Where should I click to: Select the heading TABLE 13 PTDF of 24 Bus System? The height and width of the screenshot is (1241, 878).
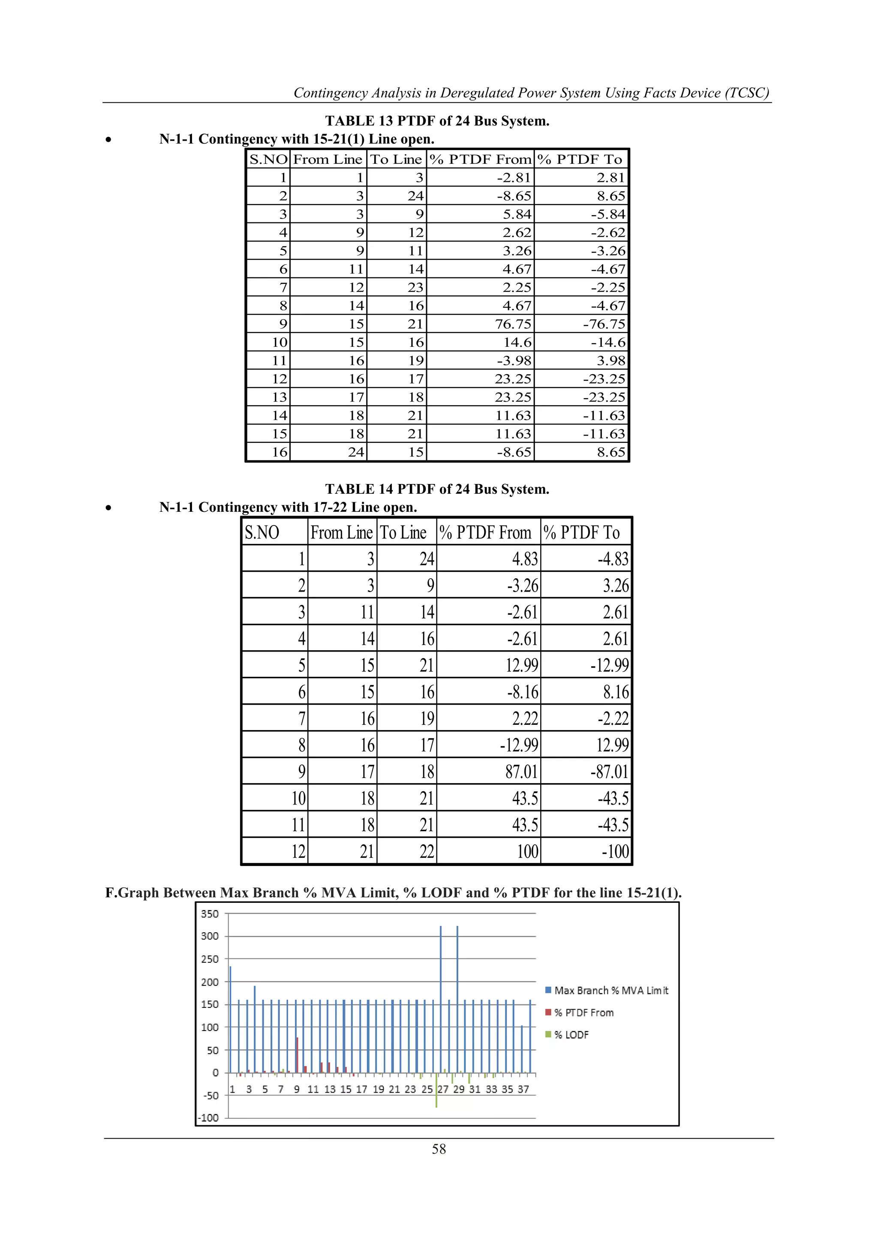[x=437, y=120]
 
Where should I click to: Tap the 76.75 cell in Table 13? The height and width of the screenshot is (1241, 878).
[x=513, y=324]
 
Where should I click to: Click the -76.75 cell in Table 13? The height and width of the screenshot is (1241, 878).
[x=604, y=324]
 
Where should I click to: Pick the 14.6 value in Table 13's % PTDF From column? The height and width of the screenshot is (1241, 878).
[x=517, y=342]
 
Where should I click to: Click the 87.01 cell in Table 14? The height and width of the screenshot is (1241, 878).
[x=521, y=771]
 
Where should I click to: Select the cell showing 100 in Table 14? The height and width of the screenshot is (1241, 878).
[x=527, y=851]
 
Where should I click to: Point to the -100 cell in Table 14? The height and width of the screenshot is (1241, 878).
[x=615, y=851]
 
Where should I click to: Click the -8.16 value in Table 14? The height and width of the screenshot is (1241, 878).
[x=522, y=692]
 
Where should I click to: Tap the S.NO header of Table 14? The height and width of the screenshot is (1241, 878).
[x=262, y=532]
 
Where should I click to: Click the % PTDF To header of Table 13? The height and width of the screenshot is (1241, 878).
[x=580, y=159]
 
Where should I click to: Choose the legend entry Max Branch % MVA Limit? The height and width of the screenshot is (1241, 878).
[x=611, y=990]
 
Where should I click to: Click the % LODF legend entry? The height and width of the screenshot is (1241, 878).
[x=571, y=1034]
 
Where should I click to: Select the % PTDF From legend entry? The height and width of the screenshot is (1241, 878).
[x=584, y=1013]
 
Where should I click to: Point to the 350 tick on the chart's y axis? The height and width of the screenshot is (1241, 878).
[x=210, y=913]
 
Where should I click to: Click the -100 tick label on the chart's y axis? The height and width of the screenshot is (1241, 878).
[x=209, y=1117]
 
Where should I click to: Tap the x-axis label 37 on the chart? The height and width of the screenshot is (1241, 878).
[x=523, y=1089]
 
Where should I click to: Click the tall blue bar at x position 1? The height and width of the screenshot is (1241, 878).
[x=230, y=1019]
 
